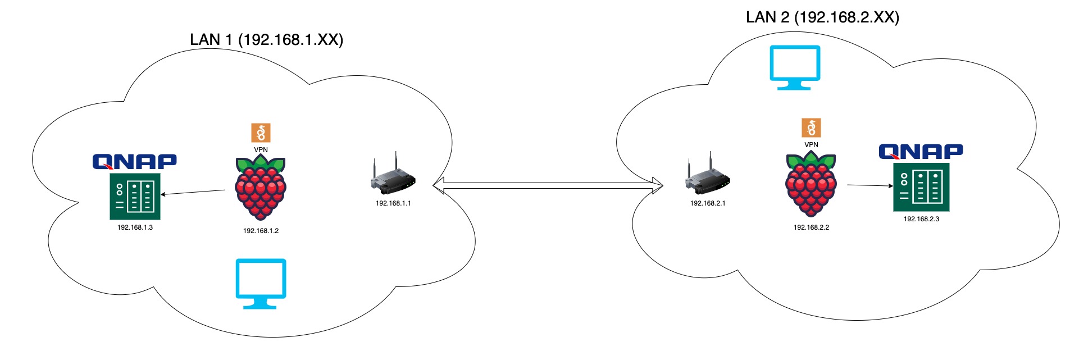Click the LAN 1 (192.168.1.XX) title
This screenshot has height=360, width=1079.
(266, 40)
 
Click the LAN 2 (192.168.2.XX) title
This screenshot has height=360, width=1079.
(822, 17)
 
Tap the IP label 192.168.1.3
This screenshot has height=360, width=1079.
(135, 227)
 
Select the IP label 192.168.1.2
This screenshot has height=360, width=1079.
(261, 231)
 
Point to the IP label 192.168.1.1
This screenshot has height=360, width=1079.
(393, 203)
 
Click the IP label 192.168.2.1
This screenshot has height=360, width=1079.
(708, 203)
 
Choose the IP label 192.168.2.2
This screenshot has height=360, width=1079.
(811, 227)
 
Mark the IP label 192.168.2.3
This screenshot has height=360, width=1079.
(921, 219)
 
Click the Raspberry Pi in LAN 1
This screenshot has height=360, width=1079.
(261, 189)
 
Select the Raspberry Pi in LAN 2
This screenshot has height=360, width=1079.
(811, 185)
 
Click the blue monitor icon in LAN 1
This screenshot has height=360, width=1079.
(261, 283)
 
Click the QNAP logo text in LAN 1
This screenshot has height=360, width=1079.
(135, 162)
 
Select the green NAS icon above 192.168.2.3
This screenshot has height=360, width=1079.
(921, 187)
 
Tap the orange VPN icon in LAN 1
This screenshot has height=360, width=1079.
(261, 133)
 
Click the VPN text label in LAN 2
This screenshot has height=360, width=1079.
(811, 145)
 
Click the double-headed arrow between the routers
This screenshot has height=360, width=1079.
(548, 185)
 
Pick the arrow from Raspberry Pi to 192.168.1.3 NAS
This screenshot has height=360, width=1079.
(193, 193)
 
